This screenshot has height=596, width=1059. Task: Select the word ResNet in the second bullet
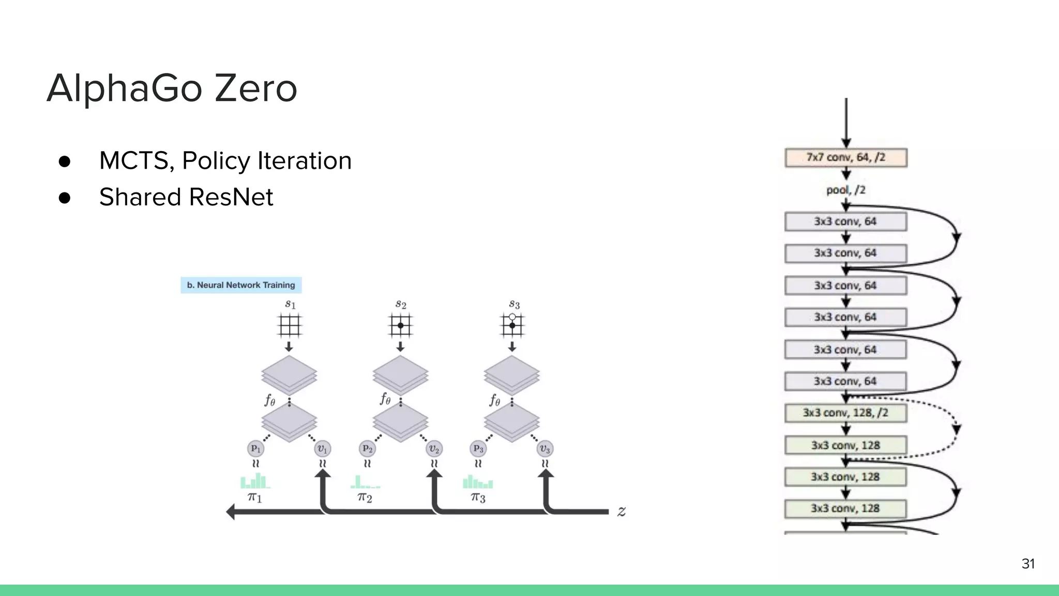[231, 197]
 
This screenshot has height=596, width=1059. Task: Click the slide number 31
[1028, 563]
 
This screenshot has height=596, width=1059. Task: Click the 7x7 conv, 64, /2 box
[845, 157]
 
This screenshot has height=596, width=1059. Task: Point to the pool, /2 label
[845, 190]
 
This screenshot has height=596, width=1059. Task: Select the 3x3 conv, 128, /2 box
[845, 413]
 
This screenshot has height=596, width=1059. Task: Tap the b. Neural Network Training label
[241, 285]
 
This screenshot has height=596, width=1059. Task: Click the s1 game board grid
[289, 326]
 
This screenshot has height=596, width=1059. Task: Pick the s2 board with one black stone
[400, 326]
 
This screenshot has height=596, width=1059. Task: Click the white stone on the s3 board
[512, 317]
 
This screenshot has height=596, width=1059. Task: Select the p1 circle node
[256, 449]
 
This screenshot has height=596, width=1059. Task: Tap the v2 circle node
[434, 449]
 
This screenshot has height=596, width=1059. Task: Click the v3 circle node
[545, 449]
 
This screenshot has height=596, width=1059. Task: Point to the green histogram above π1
[254, 482]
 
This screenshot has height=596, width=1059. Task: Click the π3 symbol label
[478, 498]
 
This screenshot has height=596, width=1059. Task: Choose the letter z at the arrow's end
[622, 512]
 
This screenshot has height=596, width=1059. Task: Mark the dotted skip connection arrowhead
[957, 429]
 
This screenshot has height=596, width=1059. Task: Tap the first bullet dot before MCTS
[65, 161]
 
